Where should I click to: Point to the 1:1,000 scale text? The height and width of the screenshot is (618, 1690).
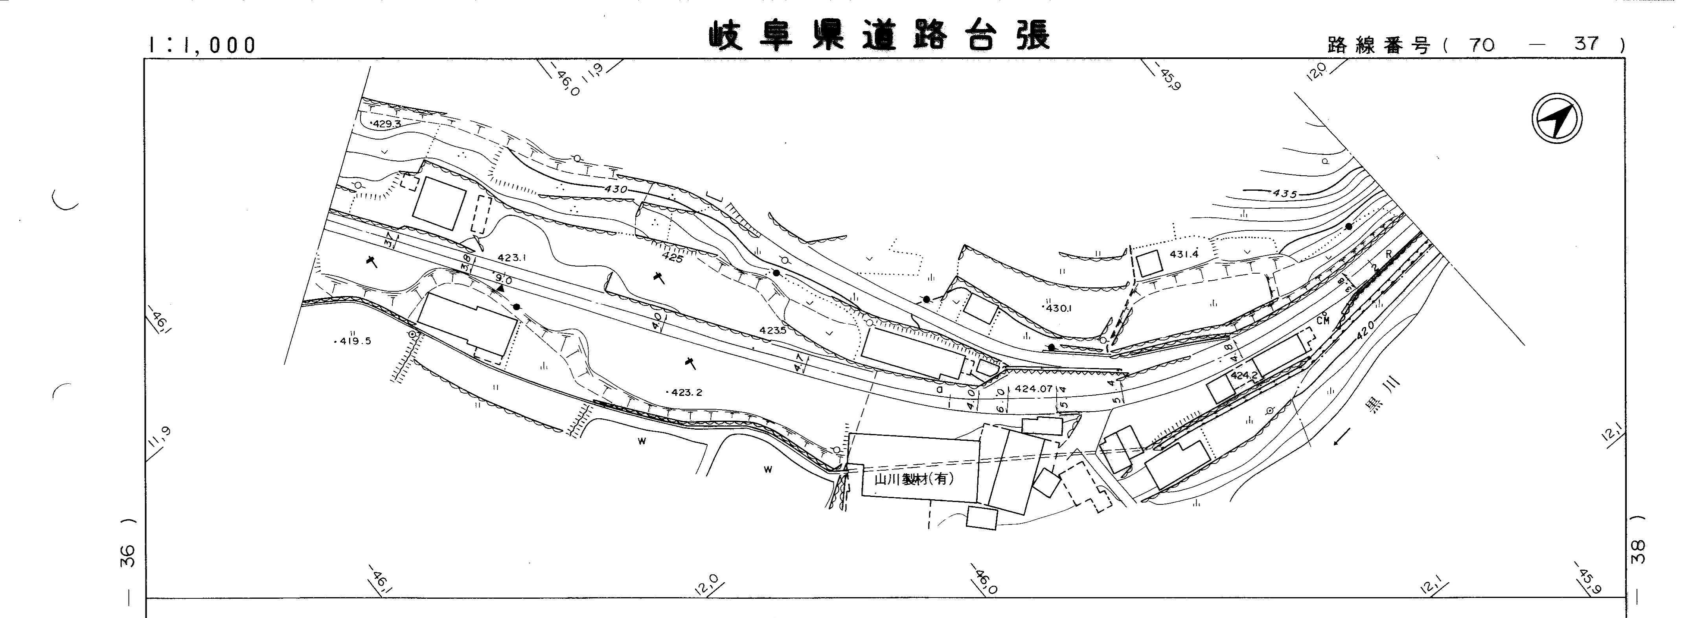pyautogui.click(x=201, y=44)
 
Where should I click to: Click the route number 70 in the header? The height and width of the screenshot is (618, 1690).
pyautogui.click(x=1481, y=44)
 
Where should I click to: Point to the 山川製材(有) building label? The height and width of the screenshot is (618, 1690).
pyautogui.click(x=914, y=479)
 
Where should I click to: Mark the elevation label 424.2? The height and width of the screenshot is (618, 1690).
pyautogui.click(x=1243, y=376)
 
